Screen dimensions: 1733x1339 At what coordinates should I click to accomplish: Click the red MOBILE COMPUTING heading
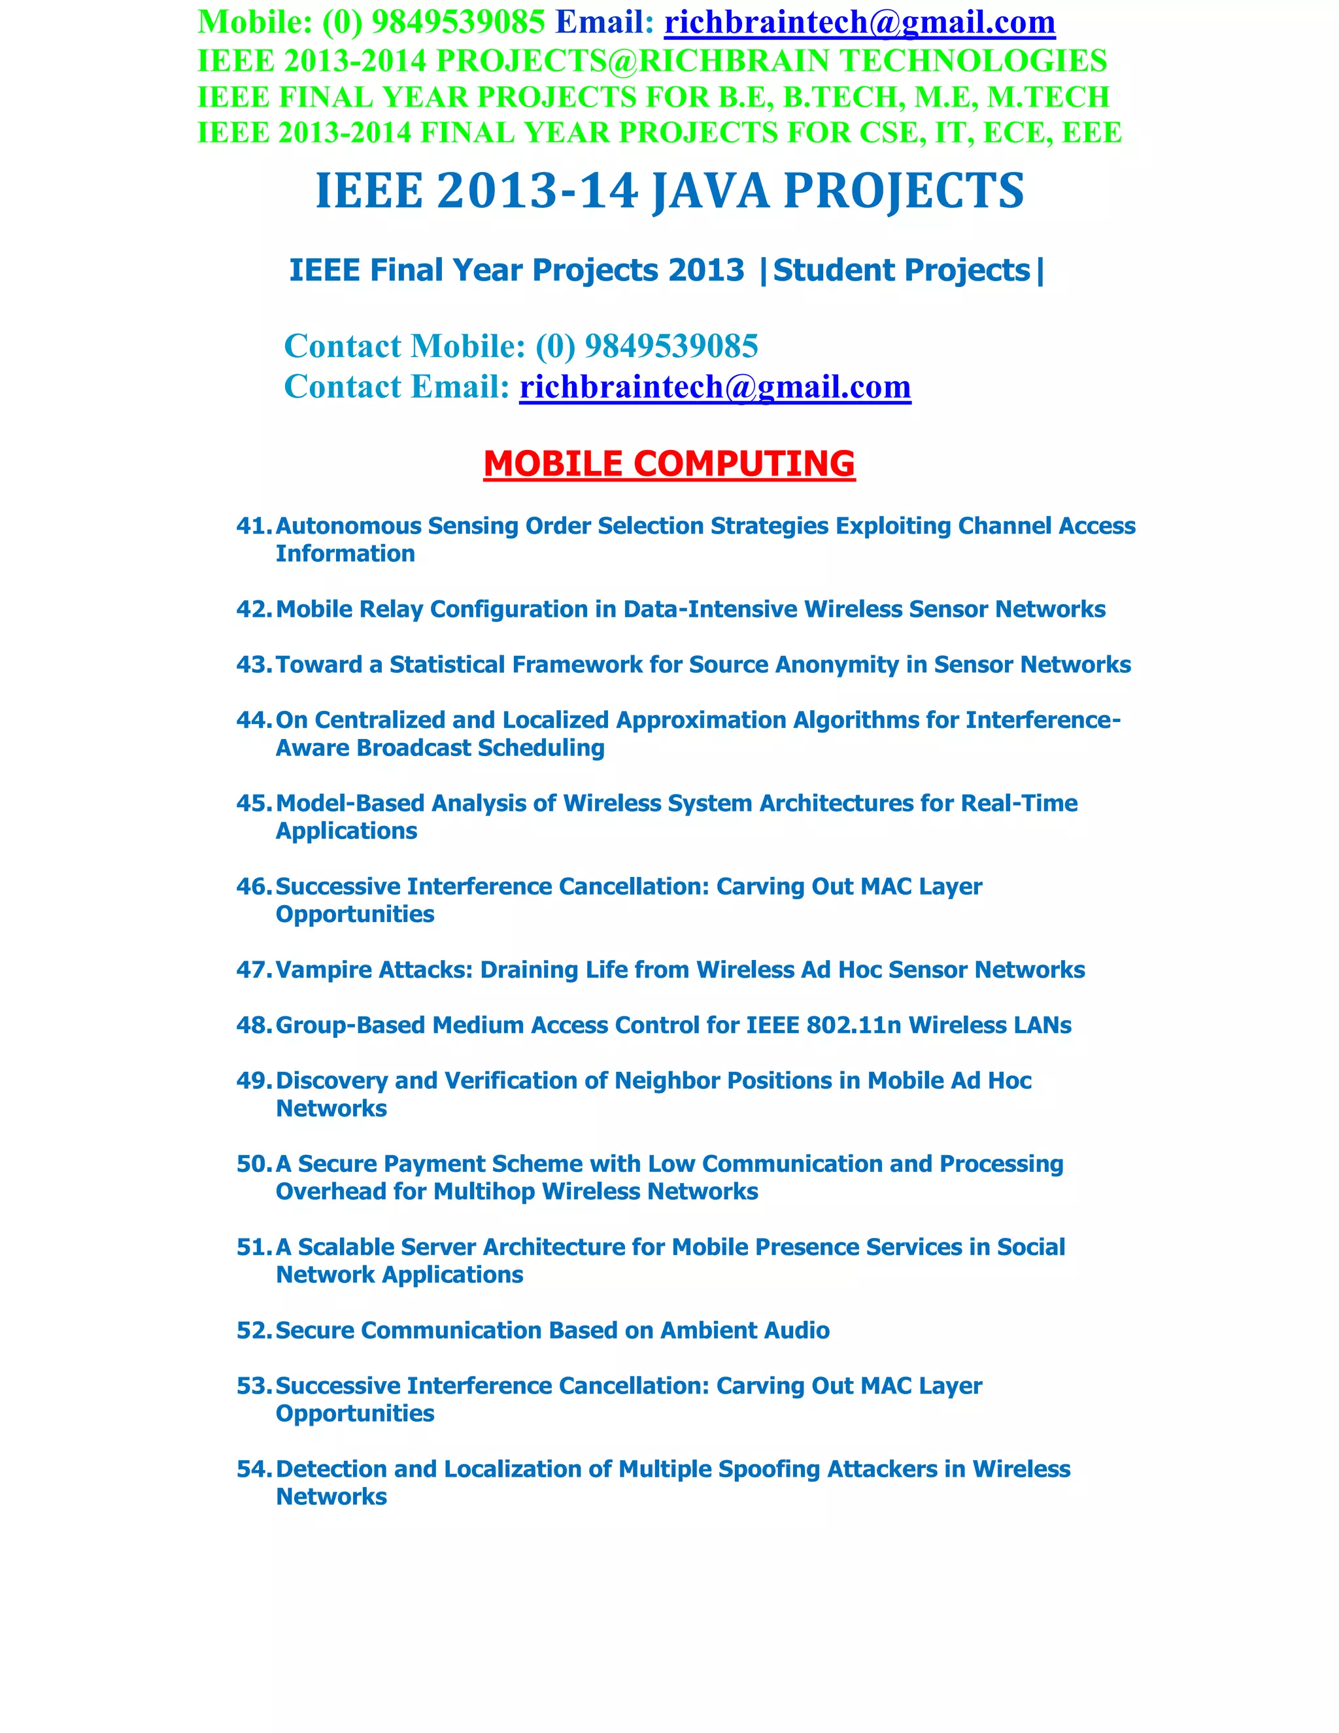point(669,464)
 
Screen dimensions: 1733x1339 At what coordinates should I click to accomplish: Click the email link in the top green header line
point(859,22)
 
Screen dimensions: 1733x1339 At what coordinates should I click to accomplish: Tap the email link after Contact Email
point(715,387)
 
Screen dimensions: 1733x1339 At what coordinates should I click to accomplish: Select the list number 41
point(253,526)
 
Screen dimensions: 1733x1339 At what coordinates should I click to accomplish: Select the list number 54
point(253,1469)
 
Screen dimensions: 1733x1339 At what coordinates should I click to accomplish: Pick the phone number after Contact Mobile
point(671,346)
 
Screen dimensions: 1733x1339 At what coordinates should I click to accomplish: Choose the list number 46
point(253,886)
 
